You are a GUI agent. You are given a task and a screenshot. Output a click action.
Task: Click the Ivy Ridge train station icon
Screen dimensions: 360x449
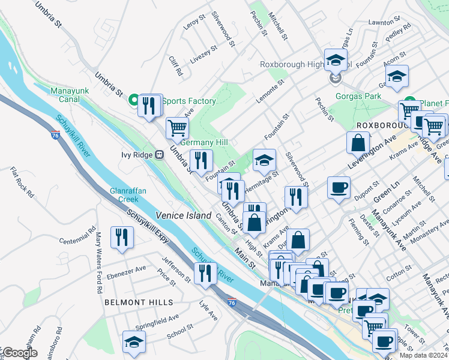coord(160,154)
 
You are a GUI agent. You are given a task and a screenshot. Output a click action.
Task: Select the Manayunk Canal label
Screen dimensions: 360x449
coord(70,95)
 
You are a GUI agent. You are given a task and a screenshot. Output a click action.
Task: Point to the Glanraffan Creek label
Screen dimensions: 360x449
coord(127,195)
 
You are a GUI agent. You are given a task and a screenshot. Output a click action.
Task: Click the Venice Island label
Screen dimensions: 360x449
coord(183,215)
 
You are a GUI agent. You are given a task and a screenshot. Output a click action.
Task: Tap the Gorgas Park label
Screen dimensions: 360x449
coord(358,96)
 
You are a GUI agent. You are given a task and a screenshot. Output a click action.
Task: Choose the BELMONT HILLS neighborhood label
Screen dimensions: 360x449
coord(139,303)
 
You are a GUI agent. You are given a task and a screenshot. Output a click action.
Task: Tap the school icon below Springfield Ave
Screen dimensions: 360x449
coord(134,342)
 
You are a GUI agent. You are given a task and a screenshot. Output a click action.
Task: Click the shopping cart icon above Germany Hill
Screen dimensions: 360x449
coord(177,127)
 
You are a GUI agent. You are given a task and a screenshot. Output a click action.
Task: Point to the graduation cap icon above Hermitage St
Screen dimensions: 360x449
coord(264,160)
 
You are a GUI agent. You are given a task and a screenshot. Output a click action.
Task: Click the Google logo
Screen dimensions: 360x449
coord(20,353)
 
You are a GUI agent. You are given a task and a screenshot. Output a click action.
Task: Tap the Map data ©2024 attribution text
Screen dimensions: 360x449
coord(421,355)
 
